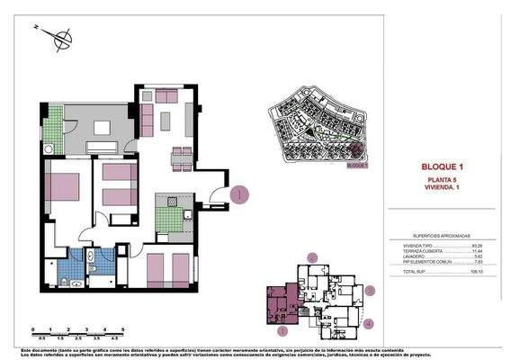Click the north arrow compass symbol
point(61,37)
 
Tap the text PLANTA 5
point(441,181)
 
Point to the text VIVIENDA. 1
point(441,189)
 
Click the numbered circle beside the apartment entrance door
point(238,193)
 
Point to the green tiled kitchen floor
point(166,219)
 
